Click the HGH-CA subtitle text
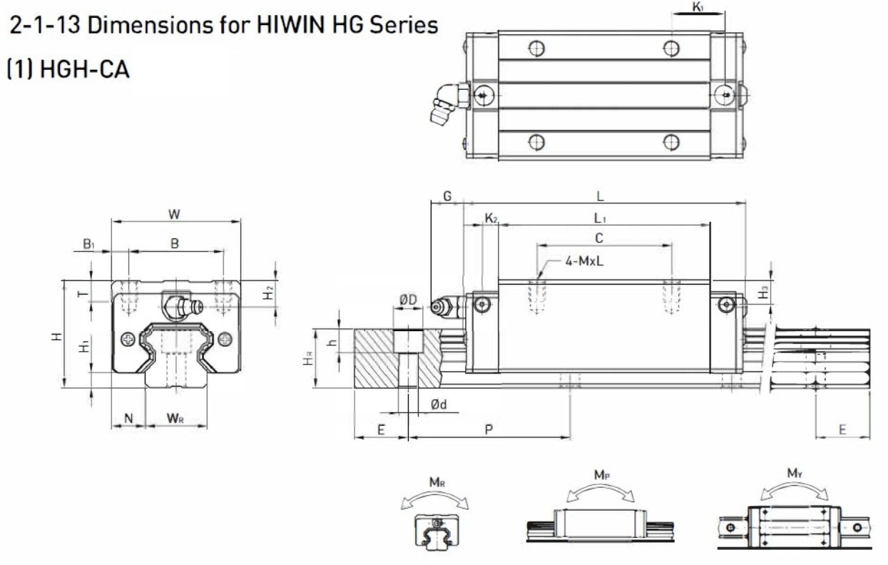pyautogui.click(x=68, y=72)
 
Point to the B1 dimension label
pyautogui.click(x=88, y=244)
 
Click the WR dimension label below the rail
pyautogui.click(x=175, y=417)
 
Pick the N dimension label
pyautogui.click(x=129, y=417)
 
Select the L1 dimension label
pyautogui.click(x=601, y=216)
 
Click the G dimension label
pyautogui.click(x=447, y=195)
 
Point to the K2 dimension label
pyautogui.click(x=491, y=217)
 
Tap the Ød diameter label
pyautogui.click(x=439, y=404)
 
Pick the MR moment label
pyautogui.click(x=438, y=482)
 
